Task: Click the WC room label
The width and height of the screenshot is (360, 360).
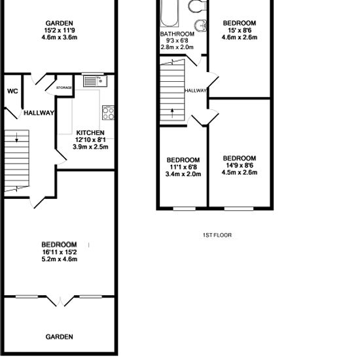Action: click(12, 91)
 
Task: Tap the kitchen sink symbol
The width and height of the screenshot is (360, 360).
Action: click(95, 81)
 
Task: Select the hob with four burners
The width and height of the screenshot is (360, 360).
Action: click(108, 113)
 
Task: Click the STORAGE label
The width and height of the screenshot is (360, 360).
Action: click(64, 88)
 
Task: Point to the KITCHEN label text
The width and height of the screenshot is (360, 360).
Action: click(90, 133)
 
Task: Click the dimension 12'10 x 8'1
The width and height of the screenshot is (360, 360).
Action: click(90, 139)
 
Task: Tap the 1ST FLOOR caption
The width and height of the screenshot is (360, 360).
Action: click(217, 235)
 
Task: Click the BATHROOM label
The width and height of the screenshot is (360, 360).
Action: click(177, 34)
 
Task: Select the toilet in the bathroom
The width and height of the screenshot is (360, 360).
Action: click(197, 6)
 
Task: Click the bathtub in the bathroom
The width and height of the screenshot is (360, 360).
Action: click(170, 13)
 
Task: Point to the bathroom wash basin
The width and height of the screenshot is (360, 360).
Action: click(201, 26)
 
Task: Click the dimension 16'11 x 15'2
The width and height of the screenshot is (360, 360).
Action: click(60, 252)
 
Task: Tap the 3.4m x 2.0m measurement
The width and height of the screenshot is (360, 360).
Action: click(183, 174)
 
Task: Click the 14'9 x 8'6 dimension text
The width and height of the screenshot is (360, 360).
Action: click(240, 166)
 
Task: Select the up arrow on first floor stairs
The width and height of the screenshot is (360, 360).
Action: click(172, 113)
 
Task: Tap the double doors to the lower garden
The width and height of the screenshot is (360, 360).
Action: click(60, 301)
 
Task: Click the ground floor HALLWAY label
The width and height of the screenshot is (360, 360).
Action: click(39, 113)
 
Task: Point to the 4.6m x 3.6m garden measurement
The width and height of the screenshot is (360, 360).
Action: click(60, 37)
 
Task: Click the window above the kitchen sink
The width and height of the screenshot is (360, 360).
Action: click(93, 74)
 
